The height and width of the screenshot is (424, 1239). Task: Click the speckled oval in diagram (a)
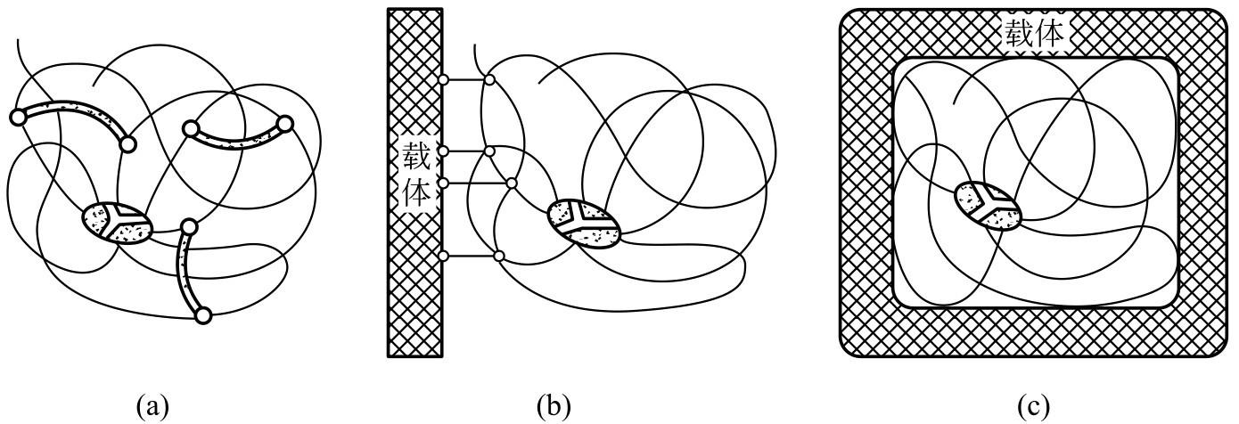tap(117, 220)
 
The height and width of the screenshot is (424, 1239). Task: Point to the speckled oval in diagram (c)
tap(989, 206)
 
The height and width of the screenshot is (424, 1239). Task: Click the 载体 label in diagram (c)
tap(1034, 35)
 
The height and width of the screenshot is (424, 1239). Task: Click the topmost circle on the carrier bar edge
tap(443, 81)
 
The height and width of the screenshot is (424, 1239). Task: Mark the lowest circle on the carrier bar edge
tap(443, 257)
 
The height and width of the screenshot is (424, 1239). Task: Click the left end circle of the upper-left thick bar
tap(16, 116)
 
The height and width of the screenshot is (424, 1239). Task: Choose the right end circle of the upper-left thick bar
tap(128, 143)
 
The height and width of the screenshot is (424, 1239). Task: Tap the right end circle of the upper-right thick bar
tap(284, 123)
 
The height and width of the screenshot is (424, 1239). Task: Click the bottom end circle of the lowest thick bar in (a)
tap(203, 314)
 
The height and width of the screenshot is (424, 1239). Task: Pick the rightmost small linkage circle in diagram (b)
tap(512, 183)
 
